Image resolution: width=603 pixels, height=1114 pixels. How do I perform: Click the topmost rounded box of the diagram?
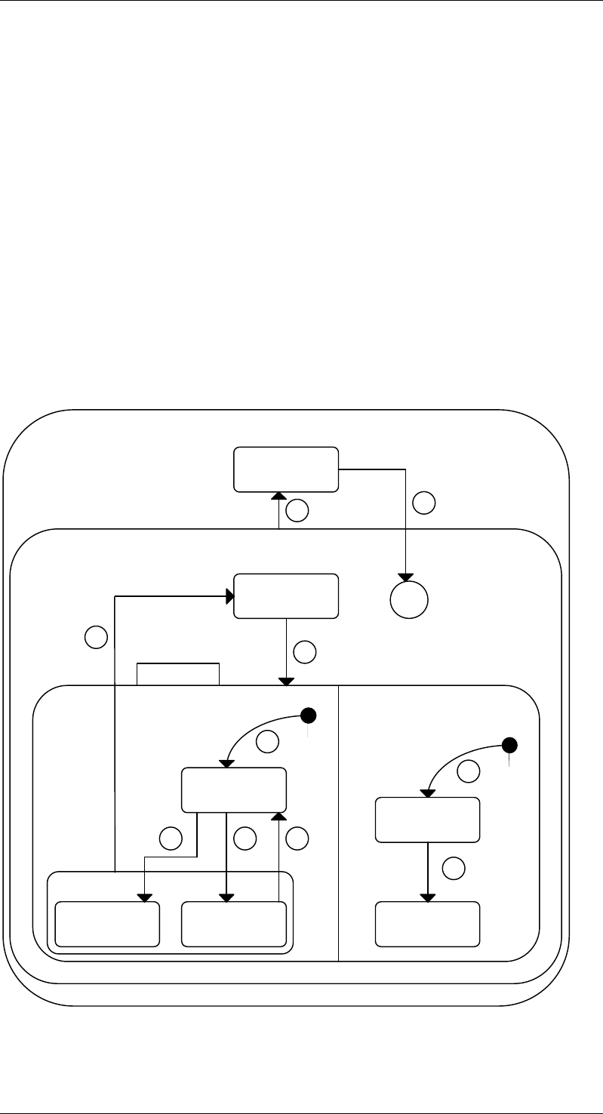tap(286, 469)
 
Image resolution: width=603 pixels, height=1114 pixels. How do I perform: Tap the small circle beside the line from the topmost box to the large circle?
tap(425, 503)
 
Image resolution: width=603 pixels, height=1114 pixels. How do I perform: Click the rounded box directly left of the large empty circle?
tap(286, 596)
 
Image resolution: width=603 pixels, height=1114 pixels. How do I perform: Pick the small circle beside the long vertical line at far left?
tap(95, 638)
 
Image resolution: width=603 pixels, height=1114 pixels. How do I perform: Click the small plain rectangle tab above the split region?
tap(178, 674)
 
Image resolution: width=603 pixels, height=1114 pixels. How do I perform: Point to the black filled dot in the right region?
tap(510, 746)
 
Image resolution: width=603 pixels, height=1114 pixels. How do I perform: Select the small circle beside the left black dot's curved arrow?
tap(266, 743)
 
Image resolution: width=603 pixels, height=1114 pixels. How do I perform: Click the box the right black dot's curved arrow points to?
tap(428, 820)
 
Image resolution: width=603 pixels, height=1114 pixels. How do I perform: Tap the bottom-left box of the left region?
tap(108, 923)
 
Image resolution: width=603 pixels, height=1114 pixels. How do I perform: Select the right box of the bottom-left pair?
tap(235, 923)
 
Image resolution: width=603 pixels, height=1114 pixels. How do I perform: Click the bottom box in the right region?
tap(428, 923)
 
